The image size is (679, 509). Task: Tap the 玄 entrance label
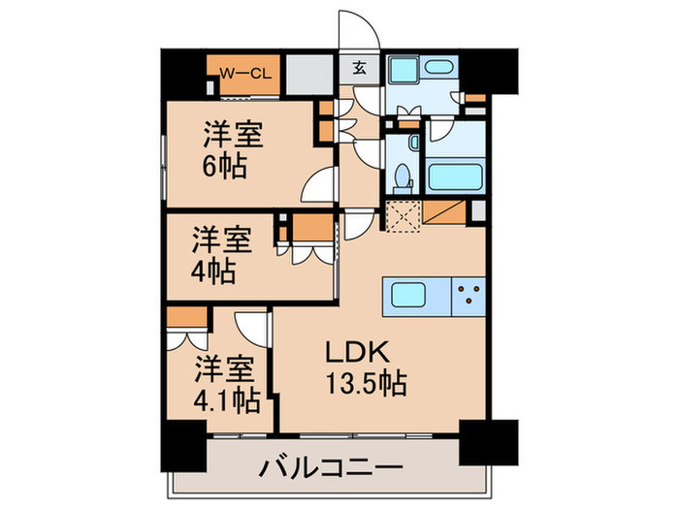(359, 68)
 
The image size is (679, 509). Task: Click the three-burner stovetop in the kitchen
(469, 294)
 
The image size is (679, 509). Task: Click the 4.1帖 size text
(225, 399)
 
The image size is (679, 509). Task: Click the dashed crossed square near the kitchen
(401, 214)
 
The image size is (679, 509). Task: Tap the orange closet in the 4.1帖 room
(185, 317)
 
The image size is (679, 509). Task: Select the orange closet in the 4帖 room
(312, 228)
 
